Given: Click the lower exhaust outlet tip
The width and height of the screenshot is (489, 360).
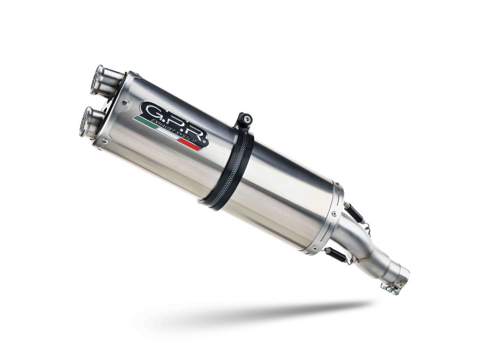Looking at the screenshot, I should pyautogui.click(x=89, y=121).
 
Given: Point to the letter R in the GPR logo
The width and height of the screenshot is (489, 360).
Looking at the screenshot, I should pyautogui.click(x=197, y=133).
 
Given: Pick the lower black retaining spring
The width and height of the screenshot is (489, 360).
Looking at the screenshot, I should pyautogui.click(x=334, y=253).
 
